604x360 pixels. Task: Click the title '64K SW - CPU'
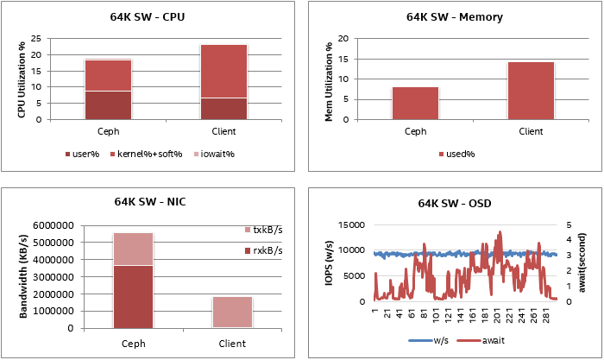pos(151,16)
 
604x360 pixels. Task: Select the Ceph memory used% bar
pos(415,103)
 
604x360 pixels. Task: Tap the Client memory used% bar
pos(531,91)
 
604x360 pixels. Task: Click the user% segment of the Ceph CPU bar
pos(108,104)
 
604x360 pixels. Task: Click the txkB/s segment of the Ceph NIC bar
pos(133,249)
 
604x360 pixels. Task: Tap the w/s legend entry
pos(429,342)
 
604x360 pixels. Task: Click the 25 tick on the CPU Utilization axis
pos(35,39)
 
